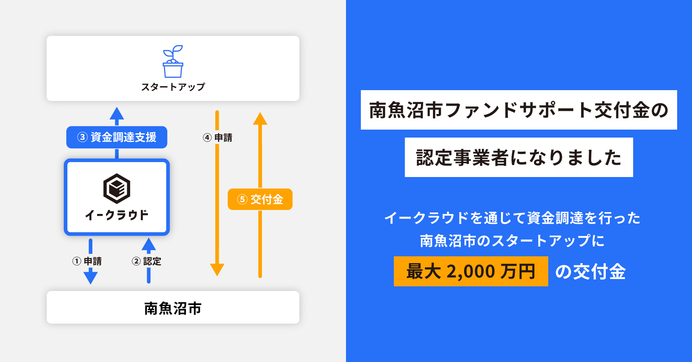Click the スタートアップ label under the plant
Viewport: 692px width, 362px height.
click(173, 87)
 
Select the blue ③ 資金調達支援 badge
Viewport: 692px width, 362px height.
click(117, 137)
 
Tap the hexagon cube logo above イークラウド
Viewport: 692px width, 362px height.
click(117, 189)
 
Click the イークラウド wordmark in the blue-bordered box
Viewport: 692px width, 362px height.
click(117, 215)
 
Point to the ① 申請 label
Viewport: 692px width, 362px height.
click(87, 261)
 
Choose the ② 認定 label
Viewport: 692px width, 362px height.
click(147, 261)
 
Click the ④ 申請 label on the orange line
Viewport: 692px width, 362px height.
click(217, 138)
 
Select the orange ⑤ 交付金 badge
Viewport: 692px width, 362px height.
click(260, 199)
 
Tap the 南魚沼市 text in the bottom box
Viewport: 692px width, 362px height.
click(173, 308)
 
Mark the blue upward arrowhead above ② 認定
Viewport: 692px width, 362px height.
click(149, 244)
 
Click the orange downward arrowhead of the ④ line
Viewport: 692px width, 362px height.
click(217, 270)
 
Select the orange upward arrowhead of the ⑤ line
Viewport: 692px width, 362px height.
click(260, 119)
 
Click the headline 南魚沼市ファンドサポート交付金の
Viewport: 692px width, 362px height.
click(519, 110)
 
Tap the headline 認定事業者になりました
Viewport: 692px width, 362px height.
click(519, 157)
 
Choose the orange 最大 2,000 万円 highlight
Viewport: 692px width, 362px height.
click(471, 271)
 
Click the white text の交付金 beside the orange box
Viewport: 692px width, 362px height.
click(591, 271)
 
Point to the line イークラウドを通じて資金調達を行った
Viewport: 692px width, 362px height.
click(512, 218)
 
